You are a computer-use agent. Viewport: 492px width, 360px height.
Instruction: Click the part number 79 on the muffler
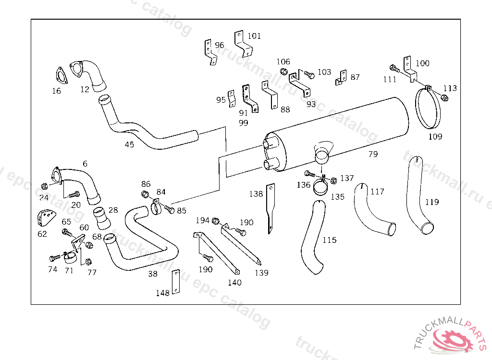click(x=373, y=154)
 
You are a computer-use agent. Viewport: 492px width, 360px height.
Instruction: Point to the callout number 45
click(x=129, y=144)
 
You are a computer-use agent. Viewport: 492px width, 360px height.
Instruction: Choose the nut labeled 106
click(x=283, y=72)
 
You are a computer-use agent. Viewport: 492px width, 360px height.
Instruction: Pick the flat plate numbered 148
click(x=175, y=282)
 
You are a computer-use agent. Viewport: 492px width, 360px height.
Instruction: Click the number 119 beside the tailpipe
click(x=432, y=202)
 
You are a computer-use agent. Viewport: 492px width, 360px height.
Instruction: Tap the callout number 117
click(x=378, y=192)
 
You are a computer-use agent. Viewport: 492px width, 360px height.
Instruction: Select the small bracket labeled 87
click(x=342, y=77)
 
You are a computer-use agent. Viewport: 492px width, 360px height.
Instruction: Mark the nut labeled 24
click(x=45, y=186)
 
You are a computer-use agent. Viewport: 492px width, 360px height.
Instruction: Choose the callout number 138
click(x=256, y=194)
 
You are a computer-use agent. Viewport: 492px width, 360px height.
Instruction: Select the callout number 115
click(x=329, y=240)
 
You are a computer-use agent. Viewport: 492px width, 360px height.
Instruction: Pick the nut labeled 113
click(x=444, y=98)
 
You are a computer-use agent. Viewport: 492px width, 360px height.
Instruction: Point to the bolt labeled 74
click(x=55, y=258)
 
